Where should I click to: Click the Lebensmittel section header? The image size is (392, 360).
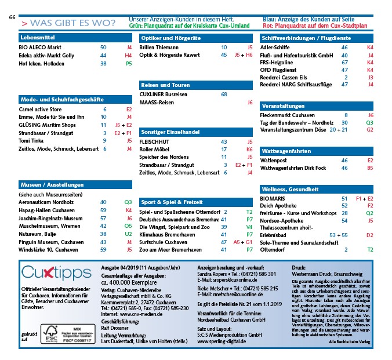(x=35, y=38)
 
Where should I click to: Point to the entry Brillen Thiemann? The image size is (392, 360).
(x=159, y=47)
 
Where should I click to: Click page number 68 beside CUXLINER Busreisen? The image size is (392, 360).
(x=224, y=94)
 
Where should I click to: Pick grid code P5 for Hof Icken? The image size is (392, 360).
(x=129, y=63)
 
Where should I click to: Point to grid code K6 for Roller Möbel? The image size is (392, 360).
(x=249, y=149)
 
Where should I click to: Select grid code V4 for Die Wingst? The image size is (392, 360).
(x=249, y=227)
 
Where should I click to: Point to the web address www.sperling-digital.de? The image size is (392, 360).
(x=222, y=342)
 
